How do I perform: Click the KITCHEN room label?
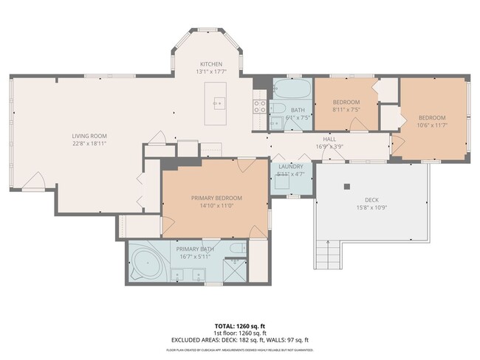coord(211,64)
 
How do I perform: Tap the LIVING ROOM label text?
coord(89,136)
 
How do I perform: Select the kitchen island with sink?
coord(217,104)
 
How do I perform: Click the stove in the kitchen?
coord(260,105)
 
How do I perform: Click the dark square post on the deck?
coord(346,187)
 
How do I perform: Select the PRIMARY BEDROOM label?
coord(216,198)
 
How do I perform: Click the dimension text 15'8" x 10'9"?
coord(371,207)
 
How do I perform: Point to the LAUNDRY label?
coord(290,167)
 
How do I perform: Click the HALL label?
coord(329,139)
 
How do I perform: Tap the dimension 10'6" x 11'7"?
coord(432,126)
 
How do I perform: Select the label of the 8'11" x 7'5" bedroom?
coord(346,102)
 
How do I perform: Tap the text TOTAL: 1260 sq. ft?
coord(240,325)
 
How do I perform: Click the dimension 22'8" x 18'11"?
coord(89,144)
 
